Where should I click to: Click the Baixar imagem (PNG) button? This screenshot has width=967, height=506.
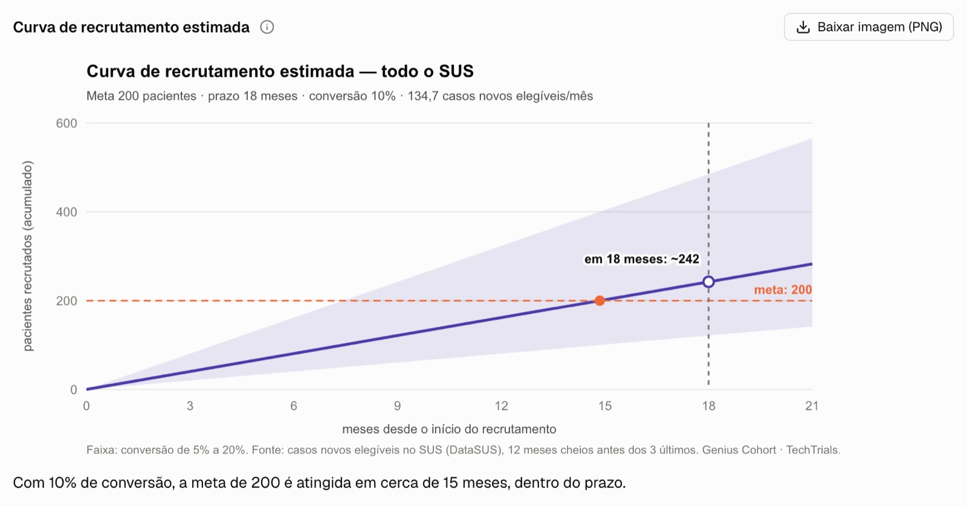868,27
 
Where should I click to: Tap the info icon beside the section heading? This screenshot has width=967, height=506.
267,27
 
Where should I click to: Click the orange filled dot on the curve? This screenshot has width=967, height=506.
600,300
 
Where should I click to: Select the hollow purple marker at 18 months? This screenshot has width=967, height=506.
708,282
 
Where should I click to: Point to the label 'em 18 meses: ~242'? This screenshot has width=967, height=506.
641,259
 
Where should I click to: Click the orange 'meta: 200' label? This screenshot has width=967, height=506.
783,290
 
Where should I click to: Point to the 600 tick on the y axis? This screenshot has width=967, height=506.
66,123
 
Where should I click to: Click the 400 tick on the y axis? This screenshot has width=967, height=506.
66,212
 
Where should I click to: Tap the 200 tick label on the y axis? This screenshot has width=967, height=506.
66,301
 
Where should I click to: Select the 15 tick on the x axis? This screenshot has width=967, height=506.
605,406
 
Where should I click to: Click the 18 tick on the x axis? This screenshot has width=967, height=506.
708,406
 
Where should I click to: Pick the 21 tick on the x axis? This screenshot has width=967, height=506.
812,406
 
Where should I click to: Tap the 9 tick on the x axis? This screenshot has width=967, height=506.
397,406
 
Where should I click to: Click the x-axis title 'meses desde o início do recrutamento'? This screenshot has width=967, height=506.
449,429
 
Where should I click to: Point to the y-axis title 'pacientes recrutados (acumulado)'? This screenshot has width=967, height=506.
28,256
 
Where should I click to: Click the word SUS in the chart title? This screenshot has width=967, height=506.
456,71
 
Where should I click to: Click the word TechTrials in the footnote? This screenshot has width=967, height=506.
813,450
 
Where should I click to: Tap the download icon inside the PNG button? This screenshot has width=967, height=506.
803,27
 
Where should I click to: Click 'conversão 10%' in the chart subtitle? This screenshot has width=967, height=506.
352,96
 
